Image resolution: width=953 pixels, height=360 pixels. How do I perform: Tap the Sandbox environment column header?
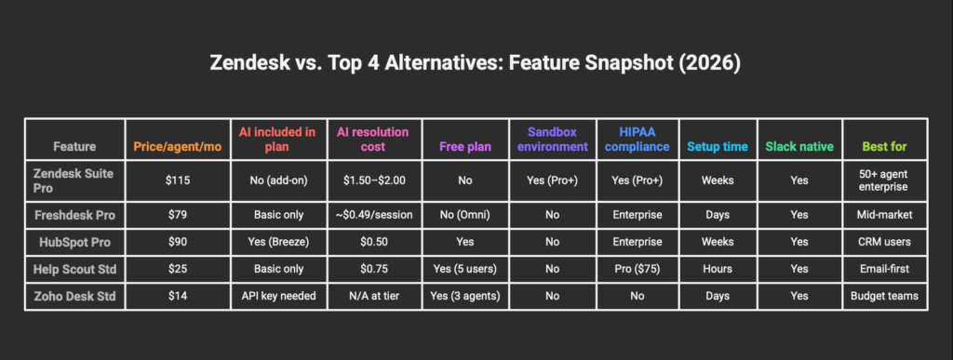click(552, 140)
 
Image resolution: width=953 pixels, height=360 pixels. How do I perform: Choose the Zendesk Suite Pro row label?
click(73, 180)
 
